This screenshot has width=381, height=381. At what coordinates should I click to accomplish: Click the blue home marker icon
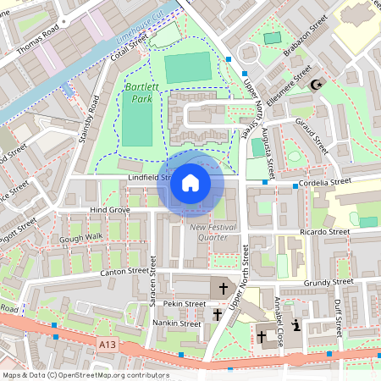(x=190, y=183)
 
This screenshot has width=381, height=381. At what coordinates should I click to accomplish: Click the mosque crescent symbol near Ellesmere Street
(x=317, y=85)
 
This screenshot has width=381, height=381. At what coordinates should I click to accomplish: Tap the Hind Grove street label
(x=110, y=209)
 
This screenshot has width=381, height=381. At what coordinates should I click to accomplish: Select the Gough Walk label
(x=81, y=238)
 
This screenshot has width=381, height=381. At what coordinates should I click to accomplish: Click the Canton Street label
(x=113, y=272)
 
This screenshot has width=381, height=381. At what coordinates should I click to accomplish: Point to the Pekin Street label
(x=185, y=303)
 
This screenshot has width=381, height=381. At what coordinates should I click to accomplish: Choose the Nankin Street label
(x=177, y=323)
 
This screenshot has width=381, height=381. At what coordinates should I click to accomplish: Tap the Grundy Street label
(x=329, y=281)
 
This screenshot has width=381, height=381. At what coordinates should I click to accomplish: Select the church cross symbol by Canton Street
(x=224, y=289)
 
